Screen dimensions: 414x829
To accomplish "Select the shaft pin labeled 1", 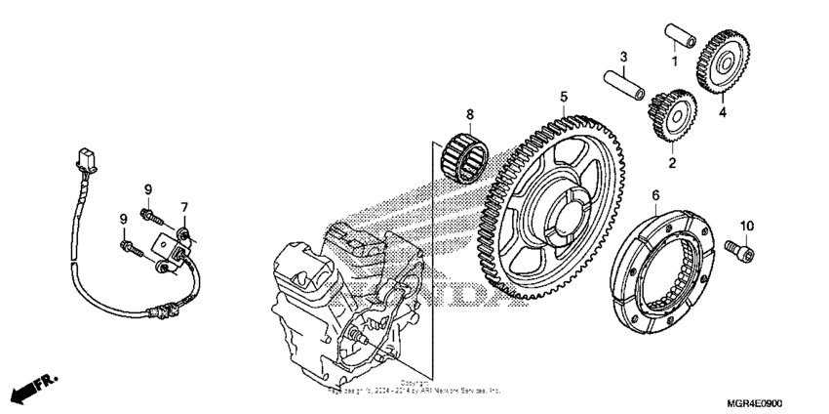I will tap(680, 33).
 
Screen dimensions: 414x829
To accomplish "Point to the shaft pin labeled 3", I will tap(625, 84).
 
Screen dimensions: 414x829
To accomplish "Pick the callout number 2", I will tap(671, 162).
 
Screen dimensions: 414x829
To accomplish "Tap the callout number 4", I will tap(723, 112).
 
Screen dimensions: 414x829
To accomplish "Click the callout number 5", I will tap(564, 97).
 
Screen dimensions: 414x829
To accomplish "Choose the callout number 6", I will tap(655, 195).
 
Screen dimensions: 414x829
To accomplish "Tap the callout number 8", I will tap(469, 114).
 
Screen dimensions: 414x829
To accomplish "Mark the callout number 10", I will tap(747, 228).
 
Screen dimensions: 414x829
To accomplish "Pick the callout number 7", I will tap(182, 207).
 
